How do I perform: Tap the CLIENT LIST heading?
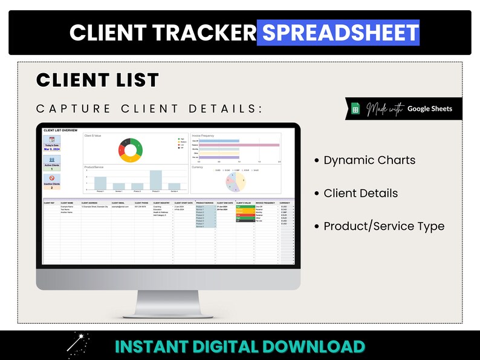point(97,80)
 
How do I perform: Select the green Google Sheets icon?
point(355,109)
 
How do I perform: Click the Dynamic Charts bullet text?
point(369,160)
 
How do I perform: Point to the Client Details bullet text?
point(360,194)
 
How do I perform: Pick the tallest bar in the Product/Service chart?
point(156,180)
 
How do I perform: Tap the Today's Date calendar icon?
point(52,140)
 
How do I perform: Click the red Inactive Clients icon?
point(52,178)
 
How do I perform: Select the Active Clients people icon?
point(52,159)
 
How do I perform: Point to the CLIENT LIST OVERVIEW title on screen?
point(60,130)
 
